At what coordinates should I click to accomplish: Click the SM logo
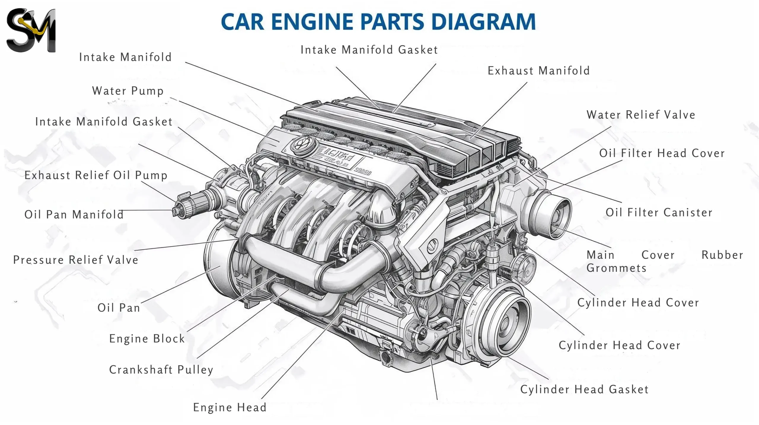tap(31, 30)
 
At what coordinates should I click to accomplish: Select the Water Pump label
tap(128, 91)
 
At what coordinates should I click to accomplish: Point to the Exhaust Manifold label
tap(538, 71)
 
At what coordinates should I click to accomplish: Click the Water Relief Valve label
tap(641, 115)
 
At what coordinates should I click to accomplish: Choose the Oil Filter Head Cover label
tap(662, 153)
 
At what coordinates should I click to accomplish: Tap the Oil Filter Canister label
tap(659, 213)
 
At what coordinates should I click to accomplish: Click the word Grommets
tap(616, 268)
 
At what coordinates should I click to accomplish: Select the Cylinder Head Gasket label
tap(584, 389)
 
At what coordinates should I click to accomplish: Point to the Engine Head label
tap(230, 408)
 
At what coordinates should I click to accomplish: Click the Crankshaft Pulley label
tap(161, 370)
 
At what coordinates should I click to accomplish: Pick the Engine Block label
tap(147, 339)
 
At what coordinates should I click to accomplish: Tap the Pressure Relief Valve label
tap(76, 260)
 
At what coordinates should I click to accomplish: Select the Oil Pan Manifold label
tap(74, 215)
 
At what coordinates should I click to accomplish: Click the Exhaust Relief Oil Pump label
tap(96, 175)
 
